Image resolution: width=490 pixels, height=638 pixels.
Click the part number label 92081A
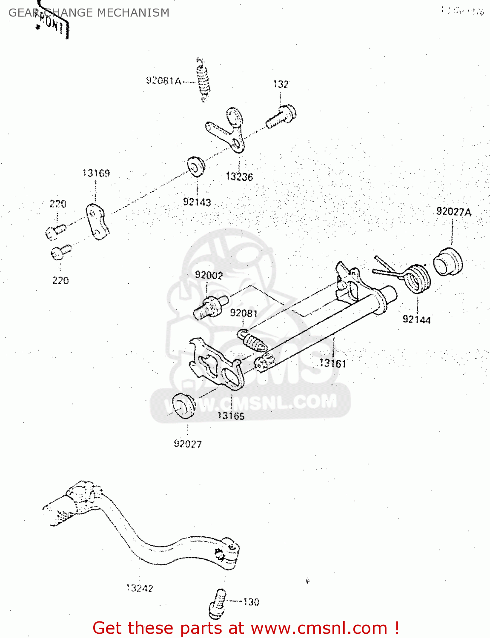[163, 81]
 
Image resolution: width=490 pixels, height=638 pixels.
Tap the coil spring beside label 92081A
[203, 80]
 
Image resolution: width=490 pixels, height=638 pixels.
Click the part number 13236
[239, 177]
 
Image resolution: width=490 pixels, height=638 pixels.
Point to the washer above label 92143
[196, 166]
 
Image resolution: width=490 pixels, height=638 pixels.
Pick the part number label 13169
[96, 173]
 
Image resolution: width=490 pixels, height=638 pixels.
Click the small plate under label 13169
[97, 222]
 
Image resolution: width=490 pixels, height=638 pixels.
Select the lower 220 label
[60, 281]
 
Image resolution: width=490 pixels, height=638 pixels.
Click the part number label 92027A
[454, 212]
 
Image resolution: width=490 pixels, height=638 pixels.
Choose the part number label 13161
[332, 363]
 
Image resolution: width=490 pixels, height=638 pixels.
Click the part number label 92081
[244, 313]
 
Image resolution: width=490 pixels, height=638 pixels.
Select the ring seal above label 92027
[184, 406]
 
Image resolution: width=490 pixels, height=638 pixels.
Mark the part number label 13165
[231, 416]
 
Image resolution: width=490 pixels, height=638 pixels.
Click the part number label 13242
[140, 588]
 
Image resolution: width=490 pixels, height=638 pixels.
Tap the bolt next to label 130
[217, 604]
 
